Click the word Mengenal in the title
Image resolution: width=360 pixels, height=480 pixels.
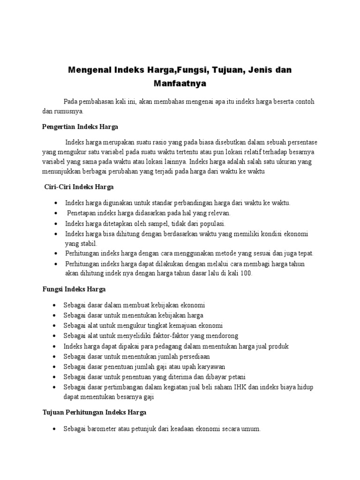click(88, 70)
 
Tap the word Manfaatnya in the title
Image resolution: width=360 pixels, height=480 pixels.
click(180, 84)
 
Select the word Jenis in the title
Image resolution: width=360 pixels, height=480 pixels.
click(255, 70)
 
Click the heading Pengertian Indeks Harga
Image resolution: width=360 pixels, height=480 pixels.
click(80, 127)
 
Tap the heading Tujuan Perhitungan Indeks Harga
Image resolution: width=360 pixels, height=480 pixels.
click(94, 412)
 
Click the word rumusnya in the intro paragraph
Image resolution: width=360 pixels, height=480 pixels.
click(68, 112)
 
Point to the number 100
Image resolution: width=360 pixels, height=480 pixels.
click(245, 274)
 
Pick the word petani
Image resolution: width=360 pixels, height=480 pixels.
click(237, 377)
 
